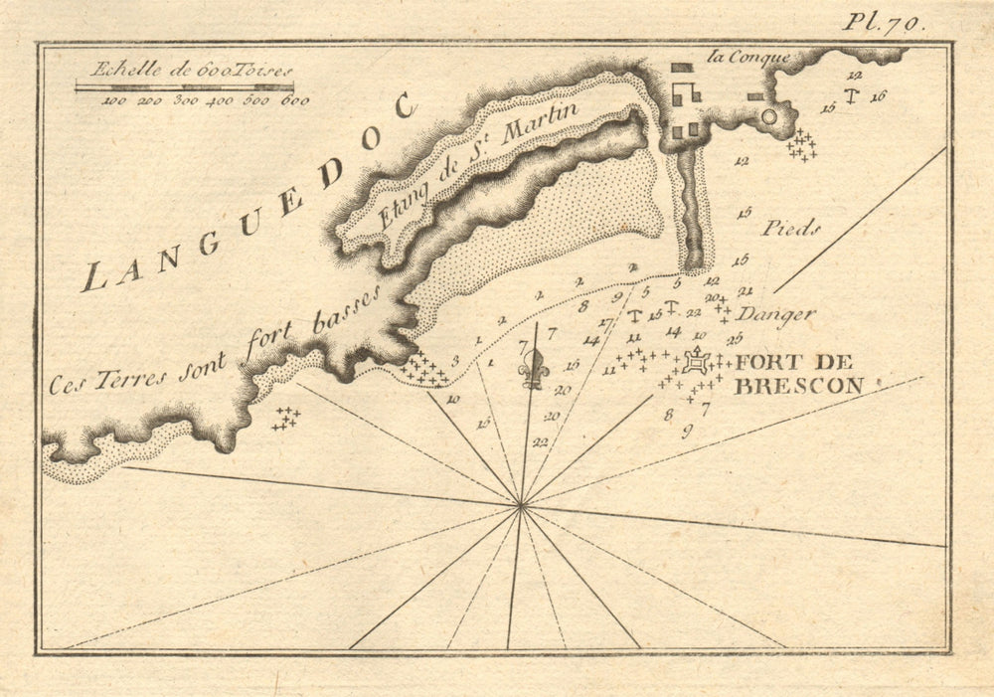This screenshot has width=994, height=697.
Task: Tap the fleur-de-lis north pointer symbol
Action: (x=535, y=369)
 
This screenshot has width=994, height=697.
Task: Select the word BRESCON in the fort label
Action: (x=797, y=387)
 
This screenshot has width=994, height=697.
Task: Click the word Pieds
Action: (x=791, y=229)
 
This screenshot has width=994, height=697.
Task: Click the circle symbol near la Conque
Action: (x=768, y=117)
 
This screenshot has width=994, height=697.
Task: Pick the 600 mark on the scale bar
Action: (x=294, y=100)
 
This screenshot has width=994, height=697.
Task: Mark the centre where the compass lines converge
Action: (x=521, y=506)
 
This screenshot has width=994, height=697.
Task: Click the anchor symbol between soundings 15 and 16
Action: (x=852, y=95)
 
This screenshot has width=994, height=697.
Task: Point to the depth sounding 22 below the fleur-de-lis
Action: (x=541, y=441)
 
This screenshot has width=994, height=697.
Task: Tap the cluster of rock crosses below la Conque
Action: (x=801, y=146)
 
